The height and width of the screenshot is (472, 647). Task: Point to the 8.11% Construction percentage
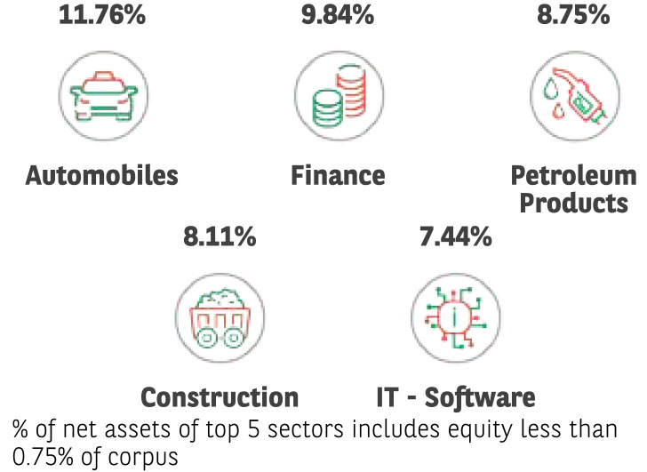point(220,236)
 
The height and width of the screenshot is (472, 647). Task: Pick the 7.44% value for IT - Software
point(454,236)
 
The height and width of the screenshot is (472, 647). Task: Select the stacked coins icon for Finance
point(338,94)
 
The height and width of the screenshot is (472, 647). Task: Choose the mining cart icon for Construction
point(220,316)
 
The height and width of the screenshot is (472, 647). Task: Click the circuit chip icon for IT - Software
point(454,316)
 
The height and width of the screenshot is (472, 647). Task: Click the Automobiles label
point(101,175)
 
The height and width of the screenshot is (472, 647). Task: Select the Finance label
point(338,175)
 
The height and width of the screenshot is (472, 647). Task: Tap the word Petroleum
point(573,174)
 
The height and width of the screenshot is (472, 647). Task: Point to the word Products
point(573,202)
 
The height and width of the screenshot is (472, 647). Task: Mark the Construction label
point(220,396)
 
